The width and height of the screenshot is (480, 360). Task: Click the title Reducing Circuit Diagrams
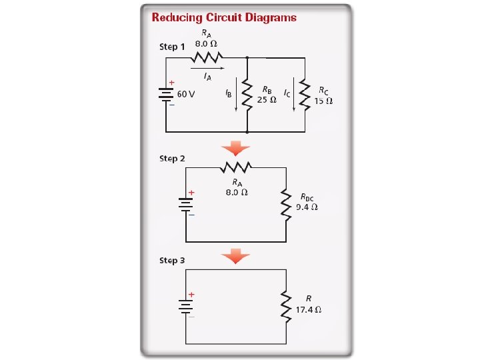pos(224,17)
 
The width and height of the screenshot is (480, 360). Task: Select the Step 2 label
pos(172,159)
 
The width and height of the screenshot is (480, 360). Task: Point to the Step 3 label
pos(172,260)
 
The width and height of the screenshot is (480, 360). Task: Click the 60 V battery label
pos(186,94)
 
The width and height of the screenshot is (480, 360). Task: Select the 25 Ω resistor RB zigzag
pos(247,95)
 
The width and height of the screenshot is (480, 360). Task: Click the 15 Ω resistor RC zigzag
pos(305,95)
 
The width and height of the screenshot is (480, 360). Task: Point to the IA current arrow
pos(207,67)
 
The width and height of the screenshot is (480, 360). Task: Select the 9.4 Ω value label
pos(307,207)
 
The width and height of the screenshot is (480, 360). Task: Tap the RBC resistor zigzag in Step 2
pos(286,203)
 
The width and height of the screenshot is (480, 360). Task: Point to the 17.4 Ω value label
pos(309,310)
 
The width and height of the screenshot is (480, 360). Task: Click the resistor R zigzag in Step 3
pos(288,305)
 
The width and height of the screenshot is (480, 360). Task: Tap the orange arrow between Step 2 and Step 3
pos(236,255)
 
